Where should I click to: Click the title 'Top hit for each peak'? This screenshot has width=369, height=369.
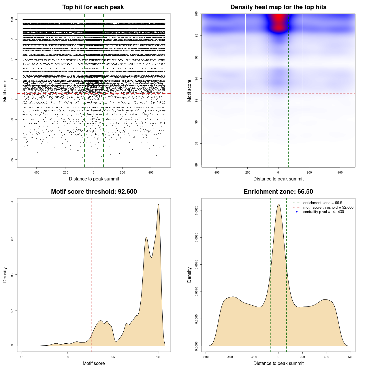coord(93,7)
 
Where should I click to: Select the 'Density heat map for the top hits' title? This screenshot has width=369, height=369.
coord(278,7)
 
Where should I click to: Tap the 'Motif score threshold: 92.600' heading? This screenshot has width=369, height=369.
coord(94,192)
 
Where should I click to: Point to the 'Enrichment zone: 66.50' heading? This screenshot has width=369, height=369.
coord(278,192)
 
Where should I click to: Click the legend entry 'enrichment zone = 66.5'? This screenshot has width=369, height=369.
coord(323,203)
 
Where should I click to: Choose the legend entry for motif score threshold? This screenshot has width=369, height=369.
coord(328,207)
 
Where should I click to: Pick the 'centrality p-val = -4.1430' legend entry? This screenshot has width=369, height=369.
coord(323,212)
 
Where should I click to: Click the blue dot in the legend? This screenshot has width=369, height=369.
coord(297,212)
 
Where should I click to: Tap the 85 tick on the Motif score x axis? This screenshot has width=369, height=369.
coord(22,357)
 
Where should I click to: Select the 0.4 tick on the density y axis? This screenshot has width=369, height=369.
coord(12,203)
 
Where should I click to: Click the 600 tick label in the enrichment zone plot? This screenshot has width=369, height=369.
coord(351,357)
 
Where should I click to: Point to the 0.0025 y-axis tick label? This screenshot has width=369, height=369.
coord(196,210)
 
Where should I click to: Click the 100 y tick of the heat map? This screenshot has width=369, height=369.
coord(196,14)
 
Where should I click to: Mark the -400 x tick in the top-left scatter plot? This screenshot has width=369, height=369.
coord(36,172)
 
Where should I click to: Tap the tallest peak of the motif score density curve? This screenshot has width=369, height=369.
coord(158,204)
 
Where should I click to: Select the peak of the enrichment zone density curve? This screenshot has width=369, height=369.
coord(278,204)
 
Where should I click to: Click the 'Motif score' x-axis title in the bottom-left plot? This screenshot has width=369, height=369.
coord(94,363)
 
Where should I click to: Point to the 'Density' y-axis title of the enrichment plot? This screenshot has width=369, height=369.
coord(189,275)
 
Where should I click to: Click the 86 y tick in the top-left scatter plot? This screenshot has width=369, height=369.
coord(12,159)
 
